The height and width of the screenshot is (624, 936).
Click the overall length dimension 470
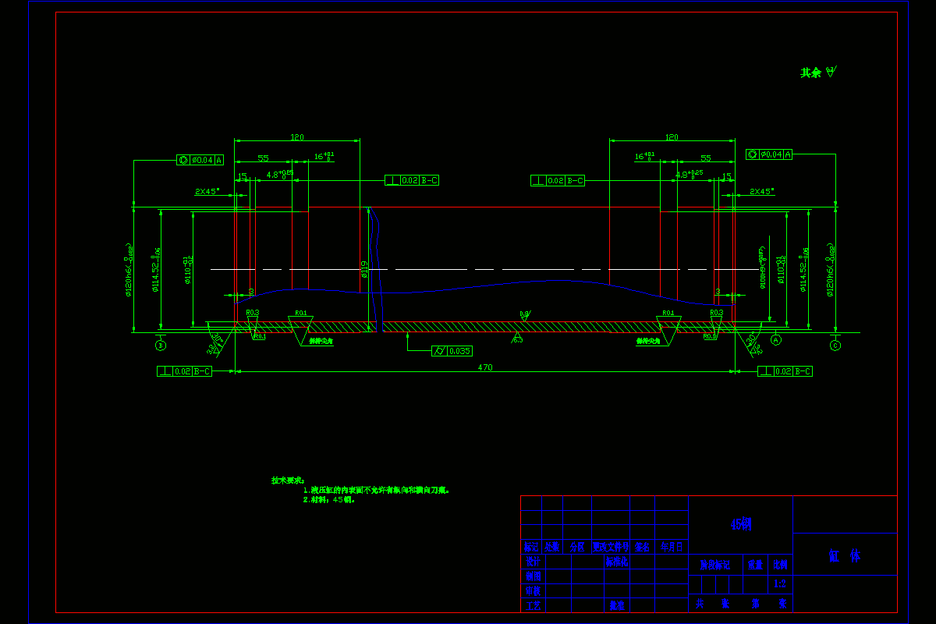(x=484, y=367)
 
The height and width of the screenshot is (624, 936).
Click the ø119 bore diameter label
(x=363, y=269)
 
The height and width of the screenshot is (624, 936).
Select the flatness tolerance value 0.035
(x=459, y=351)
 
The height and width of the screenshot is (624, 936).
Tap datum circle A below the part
(x=776, y=340)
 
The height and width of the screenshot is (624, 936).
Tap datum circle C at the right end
(x=835, y=345)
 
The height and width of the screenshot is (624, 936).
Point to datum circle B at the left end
(x=161, y=345)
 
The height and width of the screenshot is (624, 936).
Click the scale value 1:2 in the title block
(x=779, y=583)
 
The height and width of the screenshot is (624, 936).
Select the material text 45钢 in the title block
(x=741, y=525)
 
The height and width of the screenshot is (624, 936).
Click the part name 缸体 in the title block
(x=844, y=556)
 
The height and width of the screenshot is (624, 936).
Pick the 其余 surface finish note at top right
(x=817, y=73)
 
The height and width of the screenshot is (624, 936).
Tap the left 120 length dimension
(x=296, y=137)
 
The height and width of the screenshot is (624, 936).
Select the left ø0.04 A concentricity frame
(x=200, y=160)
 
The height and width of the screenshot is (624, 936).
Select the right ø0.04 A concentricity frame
(x=768, y=154)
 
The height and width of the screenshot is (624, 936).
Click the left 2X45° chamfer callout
(x=207, y=190)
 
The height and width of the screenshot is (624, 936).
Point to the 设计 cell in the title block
(x=532, y=562)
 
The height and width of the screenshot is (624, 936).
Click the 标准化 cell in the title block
(x=617, y=562)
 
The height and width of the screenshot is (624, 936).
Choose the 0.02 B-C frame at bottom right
(x=785, y=372)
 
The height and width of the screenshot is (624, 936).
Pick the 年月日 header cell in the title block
(x=672, y=548)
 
